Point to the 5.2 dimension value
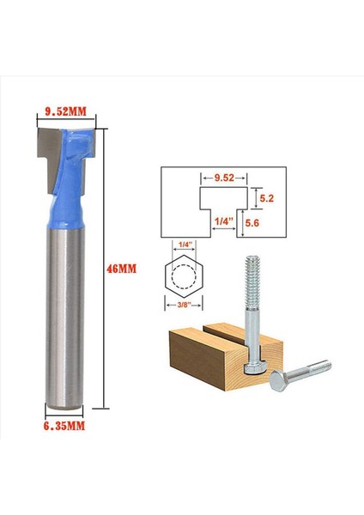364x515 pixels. [267, 197]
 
